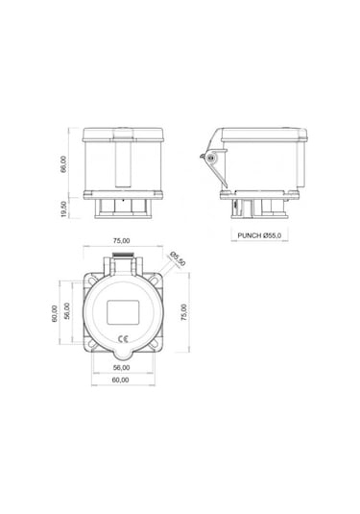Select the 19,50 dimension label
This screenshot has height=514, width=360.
click(x=64, y=208)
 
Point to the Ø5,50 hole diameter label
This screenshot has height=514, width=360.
click(x=178, y=257)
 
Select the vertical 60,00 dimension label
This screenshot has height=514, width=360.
click(x=56, y=313)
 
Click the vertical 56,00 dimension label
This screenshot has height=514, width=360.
click(x=67, y=313)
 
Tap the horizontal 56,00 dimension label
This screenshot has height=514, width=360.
click(x=122, y=367)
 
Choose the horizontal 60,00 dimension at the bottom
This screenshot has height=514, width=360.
click(x=122, y=379)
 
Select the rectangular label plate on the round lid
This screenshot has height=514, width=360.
click(x=123, y=312)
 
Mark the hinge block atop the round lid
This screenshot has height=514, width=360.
click(x=123, y=261)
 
